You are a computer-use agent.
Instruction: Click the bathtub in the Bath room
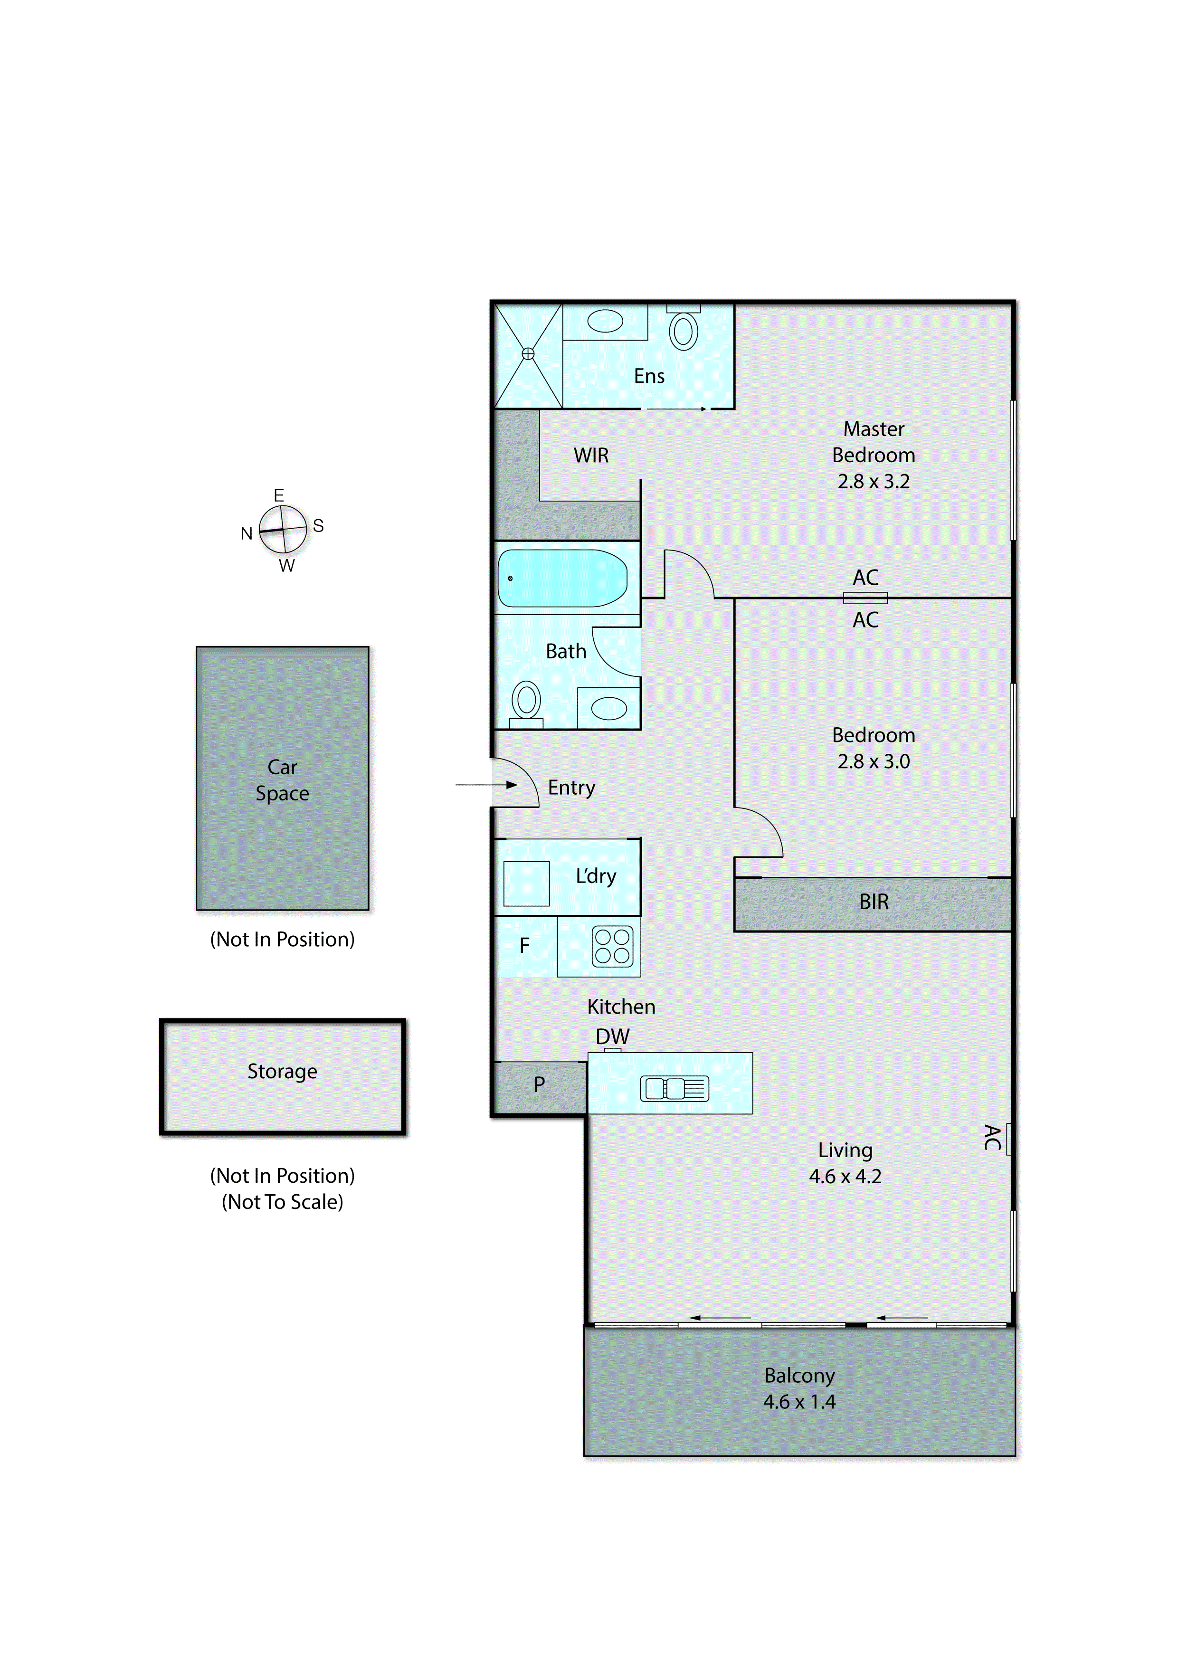click(x=562, y=578)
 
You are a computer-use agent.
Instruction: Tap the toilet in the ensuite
click(x=683, y=330)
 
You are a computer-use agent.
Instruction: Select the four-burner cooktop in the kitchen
click(x=612, y=947)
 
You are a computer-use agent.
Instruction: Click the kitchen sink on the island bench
click(x=674, y=1089)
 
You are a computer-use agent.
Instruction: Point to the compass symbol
click(x=283, y=530)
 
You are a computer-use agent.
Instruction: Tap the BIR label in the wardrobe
click(x=874, y=902)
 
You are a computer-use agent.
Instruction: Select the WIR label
click(x=591, y=456)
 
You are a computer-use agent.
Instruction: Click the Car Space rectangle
click(x=282, y=778)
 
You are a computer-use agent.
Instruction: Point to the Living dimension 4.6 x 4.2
click(x=845, y=1177)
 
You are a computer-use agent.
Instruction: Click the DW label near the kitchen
click(x=612, y=1037)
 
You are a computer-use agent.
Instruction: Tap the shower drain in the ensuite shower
click(x=528, y=354)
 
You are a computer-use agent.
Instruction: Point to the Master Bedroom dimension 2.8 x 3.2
click(x=874, y=482)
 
